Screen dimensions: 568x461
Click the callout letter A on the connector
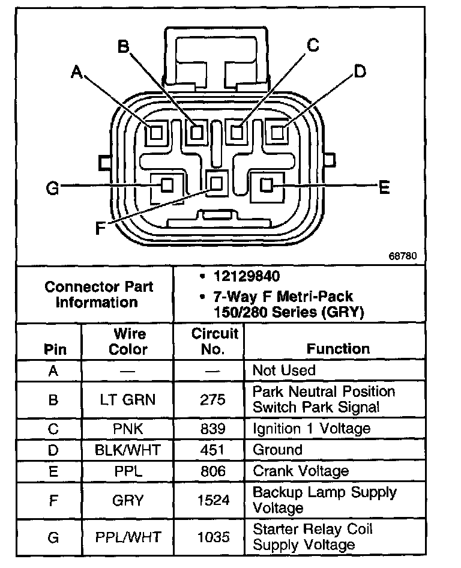click(x=76, y=73)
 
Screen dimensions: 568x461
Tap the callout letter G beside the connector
click(x=53, y=189)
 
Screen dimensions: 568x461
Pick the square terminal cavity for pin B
click(x=196, y=131)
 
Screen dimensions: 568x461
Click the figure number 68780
click(x=402, y=255)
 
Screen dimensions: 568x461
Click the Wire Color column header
click(x=128, y=341)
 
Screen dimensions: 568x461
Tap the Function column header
click(x=339, y=348)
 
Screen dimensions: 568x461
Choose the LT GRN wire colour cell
click(x=128, y=399)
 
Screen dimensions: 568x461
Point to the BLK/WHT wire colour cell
click(x=128, y=450)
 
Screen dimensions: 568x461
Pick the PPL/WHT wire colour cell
click(x=128, y=537)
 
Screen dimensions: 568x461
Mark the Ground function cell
click(x=277, y=450)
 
